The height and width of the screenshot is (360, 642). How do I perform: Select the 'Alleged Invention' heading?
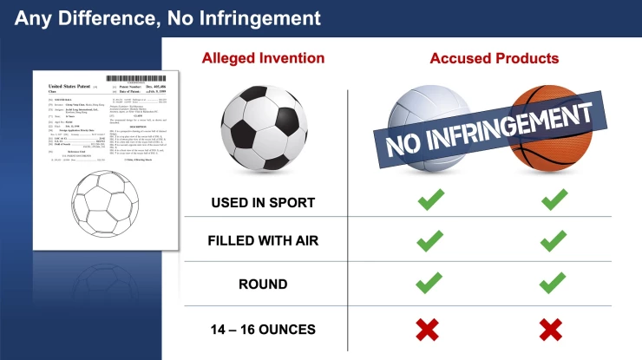point(263,59)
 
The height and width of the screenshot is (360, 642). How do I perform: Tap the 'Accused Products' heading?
point(494,59)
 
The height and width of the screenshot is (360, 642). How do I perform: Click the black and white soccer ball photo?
point(262,127)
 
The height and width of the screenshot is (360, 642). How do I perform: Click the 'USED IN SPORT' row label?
point(263,203)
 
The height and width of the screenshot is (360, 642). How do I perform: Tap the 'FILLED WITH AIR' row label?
point(263,244)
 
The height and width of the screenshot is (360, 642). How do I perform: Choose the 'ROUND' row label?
point(263,285)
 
